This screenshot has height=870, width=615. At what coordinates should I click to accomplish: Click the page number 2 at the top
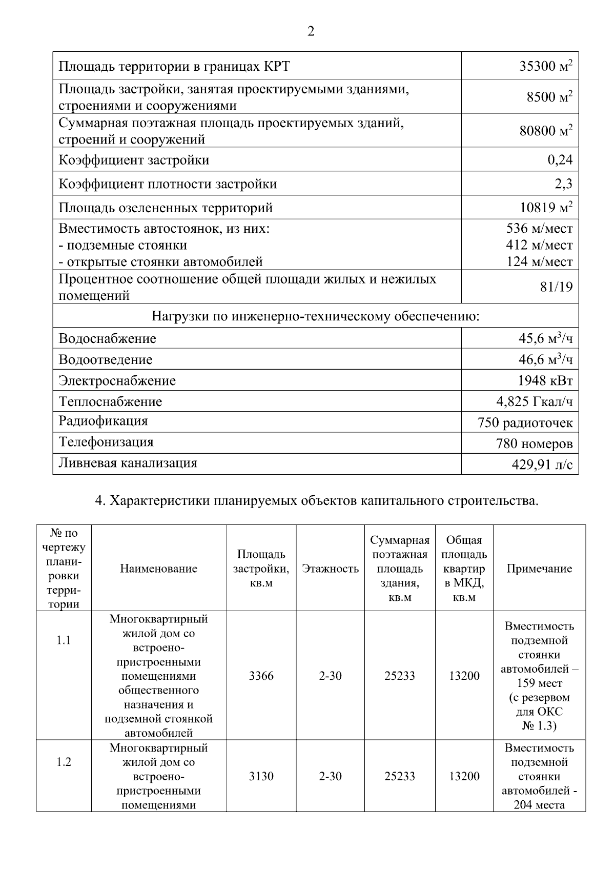click(311, 32)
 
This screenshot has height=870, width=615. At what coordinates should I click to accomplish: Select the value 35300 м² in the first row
click(545, 66)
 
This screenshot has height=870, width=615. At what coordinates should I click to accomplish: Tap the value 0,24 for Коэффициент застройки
click(560, 160)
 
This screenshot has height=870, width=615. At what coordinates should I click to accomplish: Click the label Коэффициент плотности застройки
click(168, 184)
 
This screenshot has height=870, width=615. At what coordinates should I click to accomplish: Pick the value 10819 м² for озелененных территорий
click(545, 208)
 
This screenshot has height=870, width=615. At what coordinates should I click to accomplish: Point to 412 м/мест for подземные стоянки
click(539, 245)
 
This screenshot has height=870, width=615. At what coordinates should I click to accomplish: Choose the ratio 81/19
click(556, 287)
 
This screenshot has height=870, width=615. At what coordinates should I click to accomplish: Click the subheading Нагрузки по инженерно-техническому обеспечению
click(315, 316)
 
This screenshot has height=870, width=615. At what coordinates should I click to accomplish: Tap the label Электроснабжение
click(117, 381)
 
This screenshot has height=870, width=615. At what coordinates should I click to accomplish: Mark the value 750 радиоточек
click(525, 423)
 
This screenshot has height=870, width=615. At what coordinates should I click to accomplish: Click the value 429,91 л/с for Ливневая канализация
click(542, 464)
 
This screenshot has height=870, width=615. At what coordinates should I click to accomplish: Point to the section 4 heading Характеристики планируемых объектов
click(317, 501)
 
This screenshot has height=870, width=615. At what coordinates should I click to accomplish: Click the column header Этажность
click(331, 569)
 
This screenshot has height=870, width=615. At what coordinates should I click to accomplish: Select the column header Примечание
click(539, 569)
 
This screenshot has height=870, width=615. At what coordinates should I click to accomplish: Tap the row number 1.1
click(64, 640)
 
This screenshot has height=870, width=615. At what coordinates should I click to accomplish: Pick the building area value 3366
click(261, 676)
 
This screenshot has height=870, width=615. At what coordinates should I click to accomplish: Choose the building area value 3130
click(261, 776)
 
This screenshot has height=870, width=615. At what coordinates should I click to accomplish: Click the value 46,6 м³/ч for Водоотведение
click(545, 359)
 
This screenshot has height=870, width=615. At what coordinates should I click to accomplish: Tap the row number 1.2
click(64, 762)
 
